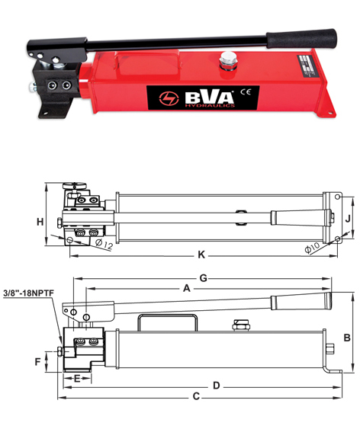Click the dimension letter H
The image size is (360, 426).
[40, 222]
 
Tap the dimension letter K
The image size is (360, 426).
[201, 255]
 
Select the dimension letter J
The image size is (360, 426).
[348, 219]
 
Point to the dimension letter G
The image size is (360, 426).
[204, 278]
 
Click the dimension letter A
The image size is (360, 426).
[187, 288]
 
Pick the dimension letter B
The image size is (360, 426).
[347, 338]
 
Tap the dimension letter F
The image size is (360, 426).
[38, 362]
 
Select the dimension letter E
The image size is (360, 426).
[77, 379]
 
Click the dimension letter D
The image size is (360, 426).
[217, 386]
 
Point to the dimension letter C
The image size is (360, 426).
[196, 396]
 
